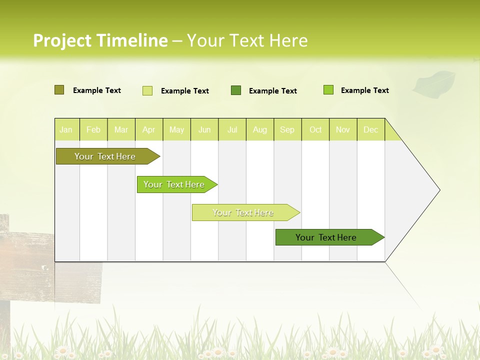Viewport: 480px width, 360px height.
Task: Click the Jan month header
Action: click(66, 130)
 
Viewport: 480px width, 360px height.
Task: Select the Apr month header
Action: click(149, 130)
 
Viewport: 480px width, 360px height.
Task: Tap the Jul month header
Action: click(232, 130)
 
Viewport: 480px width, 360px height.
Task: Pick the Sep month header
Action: click(287, 130)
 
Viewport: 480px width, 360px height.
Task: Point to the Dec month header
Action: click(371, 130)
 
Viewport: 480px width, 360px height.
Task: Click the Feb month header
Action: click(93, 130)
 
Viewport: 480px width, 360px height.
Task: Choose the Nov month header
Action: click(343, 130)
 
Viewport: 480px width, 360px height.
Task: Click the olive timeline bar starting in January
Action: click(105, 156)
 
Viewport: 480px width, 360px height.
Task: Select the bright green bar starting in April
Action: click(174, 184)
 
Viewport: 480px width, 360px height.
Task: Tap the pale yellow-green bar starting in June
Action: click(243, 212)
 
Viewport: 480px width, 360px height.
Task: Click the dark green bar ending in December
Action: click(326, 237)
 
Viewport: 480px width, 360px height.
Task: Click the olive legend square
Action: click(59, 90)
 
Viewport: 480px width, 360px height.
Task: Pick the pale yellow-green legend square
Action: click(147, 90)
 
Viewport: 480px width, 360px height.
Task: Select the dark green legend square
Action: click(236, 90)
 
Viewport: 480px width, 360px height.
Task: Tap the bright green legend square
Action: click(328, 90)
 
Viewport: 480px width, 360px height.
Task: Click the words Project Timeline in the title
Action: click(100, 40)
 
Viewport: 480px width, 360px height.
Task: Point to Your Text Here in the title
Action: click(247, 40)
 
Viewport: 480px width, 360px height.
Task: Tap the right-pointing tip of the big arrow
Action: click(437, 190)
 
